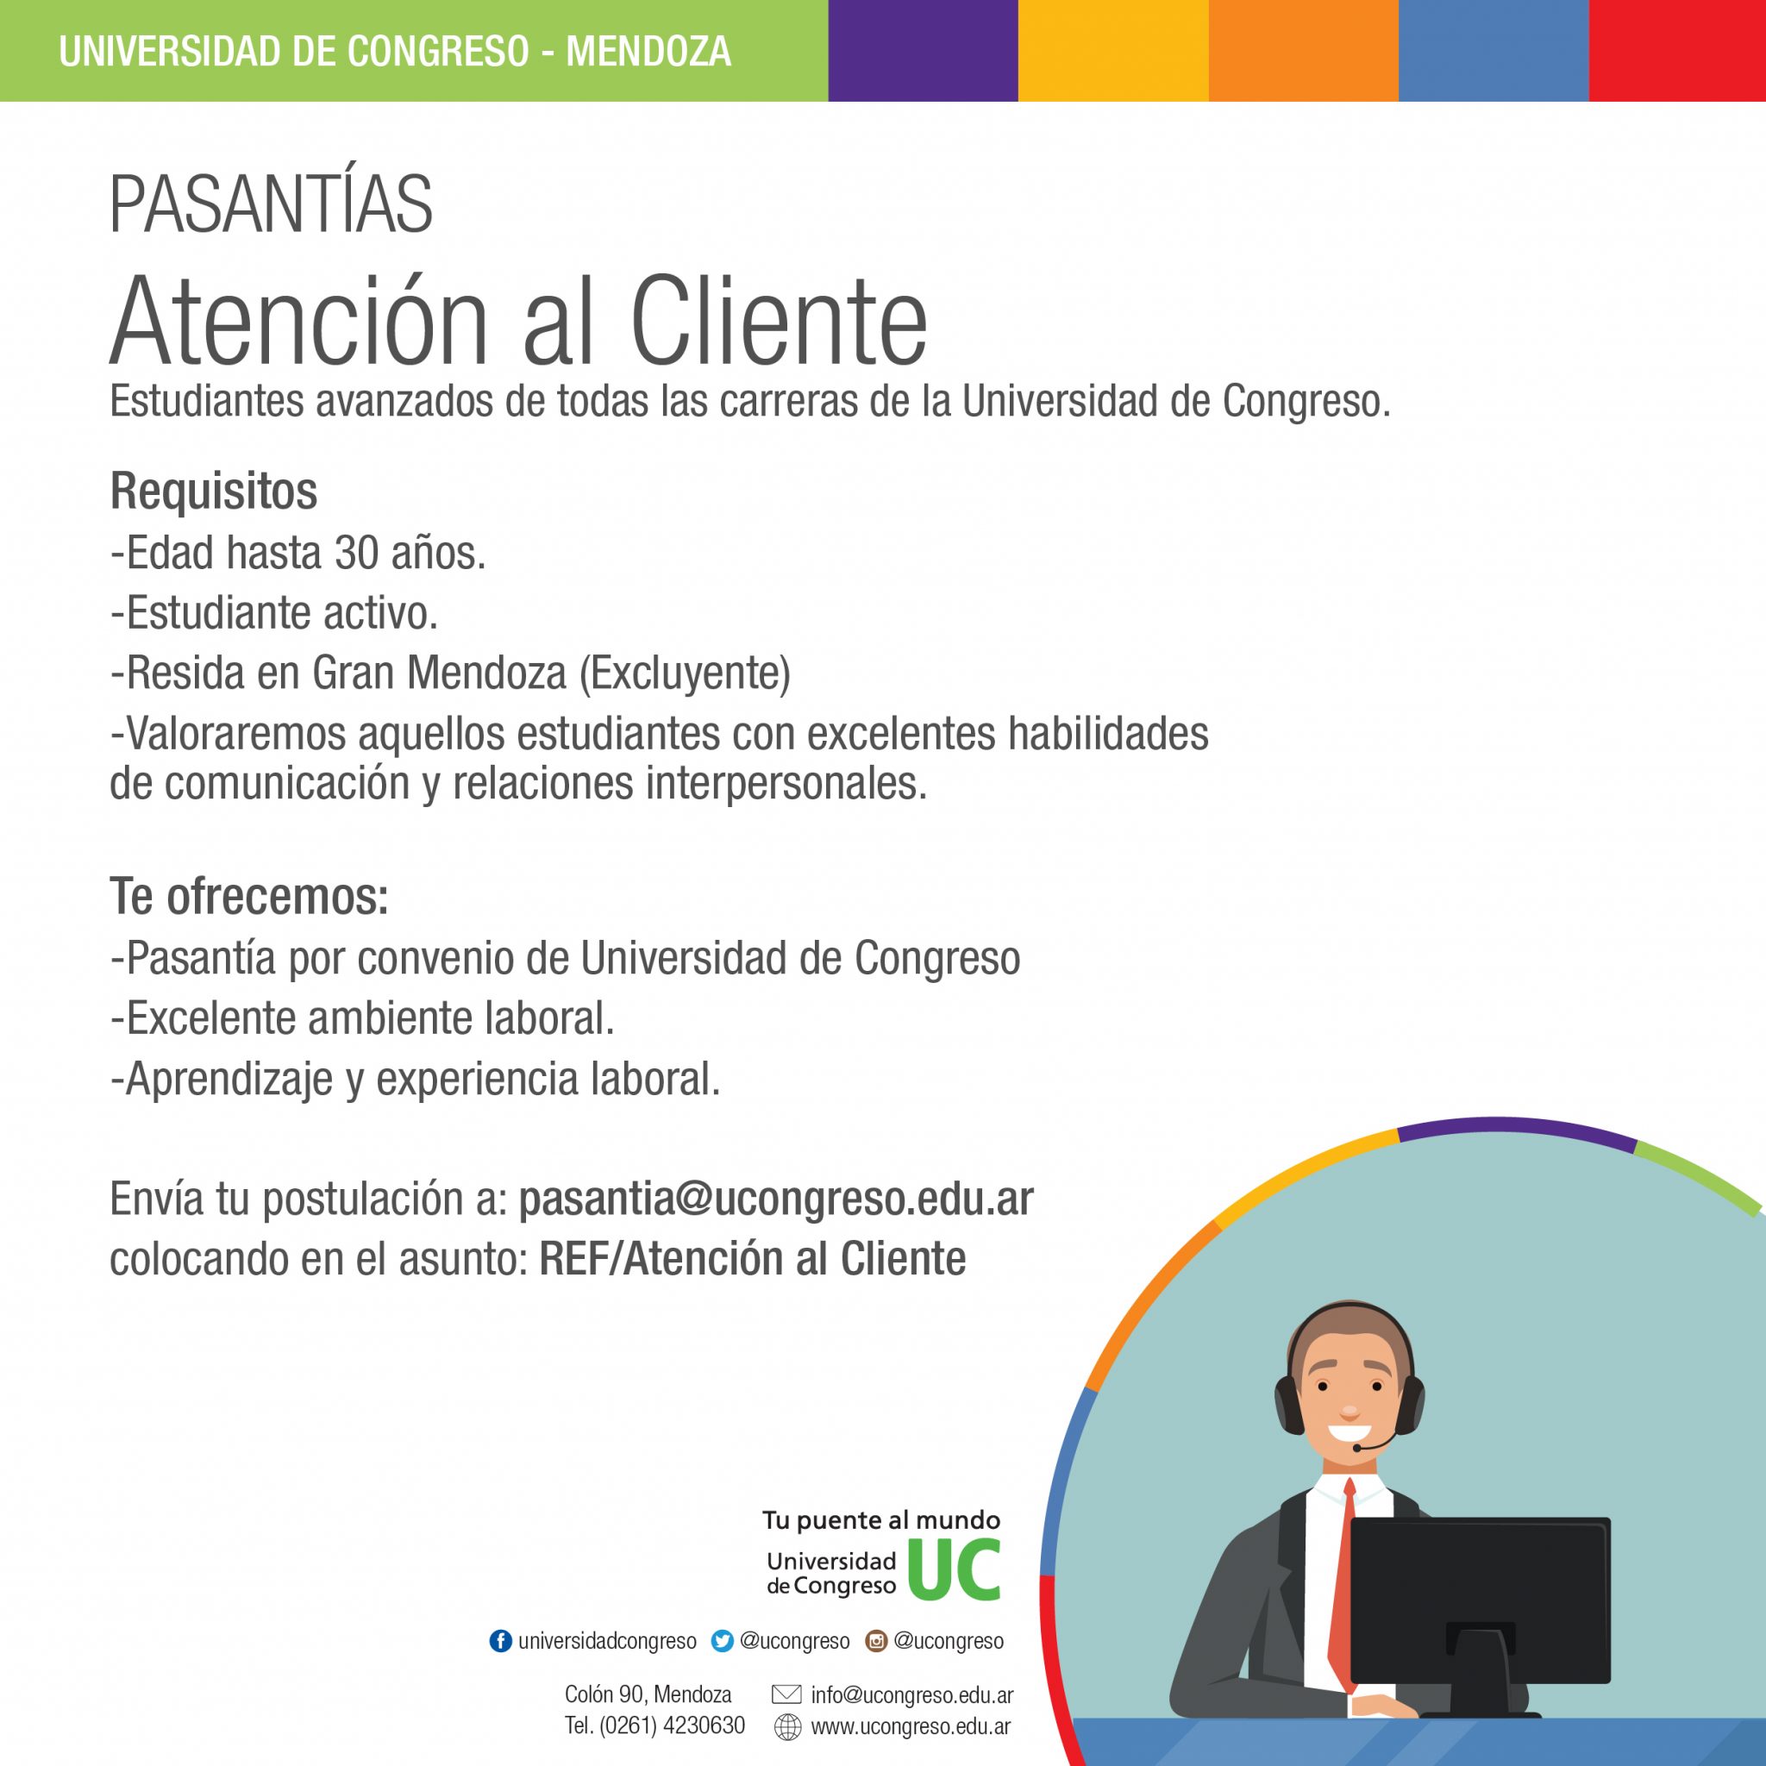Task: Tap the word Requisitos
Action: pos(213,491)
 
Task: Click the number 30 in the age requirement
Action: pos(356,552)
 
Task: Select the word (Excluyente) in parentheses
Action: pos(685,673)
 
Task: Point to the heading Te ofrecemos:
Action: pos(248,896)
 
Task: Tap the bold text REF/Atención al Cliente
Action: pos(752,1259)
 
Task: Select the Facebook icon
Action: pos(501,1641)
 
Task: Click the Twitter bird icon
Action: pos(722,1641)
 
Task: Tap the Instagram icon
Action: pos(876,1641)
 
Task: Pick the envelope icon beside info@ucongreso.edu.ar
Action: pos(786,1694)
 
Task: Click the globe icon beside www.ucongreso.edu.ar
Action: pos(787,1726)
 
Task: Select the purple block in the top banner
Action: pos(924,50)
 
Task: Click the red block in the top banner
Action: pos(1677,50)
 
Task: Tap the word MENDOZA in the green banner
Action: pos(648,51)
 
